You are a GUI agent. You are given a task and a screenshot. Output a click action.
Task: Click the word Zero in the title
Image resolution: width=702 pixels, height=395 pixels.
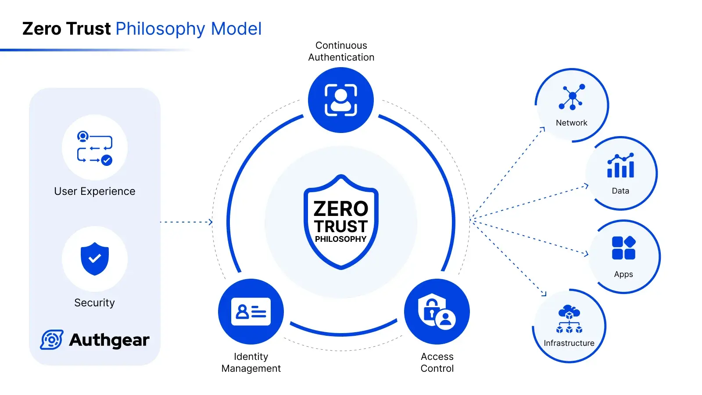tap(42, 29)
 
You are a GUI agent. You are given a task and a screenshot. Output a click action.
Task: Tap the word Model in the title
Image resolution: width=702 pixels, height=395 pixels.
tap(236, 29)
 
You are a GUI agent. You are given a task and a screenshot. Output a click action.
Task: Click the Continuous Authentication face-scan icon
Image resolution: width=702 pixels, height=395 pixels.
tap(341, 100)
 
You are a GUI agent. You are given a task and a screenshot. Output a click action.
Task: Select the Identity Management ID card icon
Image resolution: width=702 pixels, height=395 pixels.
tap(251, 312)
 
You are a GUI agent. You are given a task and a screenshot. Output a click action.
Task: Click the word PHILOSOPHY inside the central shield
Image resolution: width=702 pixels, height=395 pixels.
tap(340, 239)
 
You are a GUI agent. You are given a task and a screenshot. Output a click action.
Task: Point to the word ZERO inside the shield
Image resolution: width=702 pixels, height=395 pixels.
tap(341, 209)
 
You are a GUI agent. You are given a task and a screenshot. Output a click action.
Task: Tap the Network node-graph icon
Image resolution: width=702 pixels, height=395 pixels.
tap(572, 97)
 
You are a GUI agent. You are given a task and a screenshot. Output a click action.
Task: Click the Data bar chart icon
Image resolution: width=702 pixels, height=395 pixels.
tap(620, 165)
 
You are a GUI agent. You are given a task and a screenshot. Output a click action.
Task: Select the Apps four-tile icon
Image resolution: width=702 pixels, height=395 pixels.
tap(623, 248)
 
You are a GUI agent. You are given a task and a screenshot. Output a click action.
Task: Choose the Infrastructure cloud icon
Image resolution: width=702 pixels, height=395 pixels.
tap(569, 319)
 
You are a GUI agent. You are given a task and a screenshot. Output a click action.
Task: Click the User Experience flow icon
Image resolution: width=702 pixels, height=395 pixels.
tap(95, 148)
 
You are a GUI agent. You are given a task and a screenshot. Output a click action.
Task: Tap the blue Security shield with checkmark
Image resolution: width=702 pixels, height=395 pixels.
tap(95, 259)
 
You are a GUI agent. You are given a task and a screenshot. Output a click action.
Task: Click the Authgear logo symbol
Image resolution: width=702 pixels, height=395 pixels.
tap(52, 340)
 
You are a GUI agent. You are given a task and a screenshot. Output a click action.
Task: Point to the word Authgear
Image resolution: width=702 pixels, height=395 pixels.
tap(109, 340)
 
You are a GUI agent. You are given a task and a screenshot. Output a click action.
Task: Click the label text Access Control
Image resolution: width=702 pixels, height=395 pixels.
tap(437, 363)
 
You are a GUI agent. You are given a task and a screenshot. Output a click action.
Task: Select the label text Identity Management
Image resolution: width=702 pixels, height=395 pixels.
tap(251, 363)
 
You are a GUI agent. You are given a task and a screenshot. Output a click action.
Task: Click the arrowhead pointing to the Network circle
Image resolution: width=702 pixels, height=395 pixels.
tap(542, 129)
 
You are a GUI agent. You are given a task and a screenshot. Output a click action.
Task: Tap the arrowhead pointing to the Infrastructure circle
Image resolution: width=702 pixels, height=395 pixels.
tap(544, 294)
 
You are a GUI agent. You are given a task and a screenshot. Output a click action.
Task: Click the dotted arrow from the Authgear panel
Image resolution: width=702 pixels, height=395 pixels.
tap(186, 222)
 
